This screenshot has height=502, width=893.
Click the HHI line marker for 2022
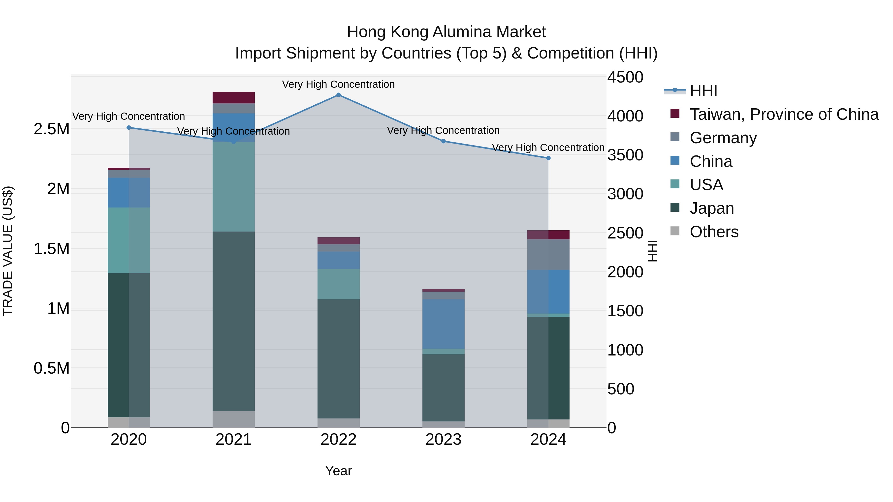[x=338, y=95]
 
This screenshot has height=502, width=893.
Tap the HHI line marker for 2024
[x=548, y=158]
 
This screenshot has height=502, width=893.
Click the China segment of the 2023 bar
[x=443, y=324]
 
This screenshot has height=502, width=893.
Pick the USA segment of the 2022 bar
[x=338, y=284]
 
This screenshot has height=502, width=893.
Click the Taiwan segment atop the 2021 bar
[x=233, y=98]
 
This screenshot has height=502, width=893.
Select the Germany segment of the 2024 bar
[x=548, y=254]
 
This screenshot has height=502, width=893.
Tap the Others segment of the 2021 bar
[x=233, y=419]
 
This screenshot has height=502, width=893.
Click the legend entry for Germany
[x=723, y=138]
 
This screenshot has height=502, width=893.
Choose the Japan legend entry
[x=711, y=208]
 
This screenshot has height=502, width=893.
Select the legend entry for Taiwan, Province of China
[x=783, y=114]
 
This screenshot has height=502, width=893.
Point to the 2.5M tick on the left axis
[x=51, y=129]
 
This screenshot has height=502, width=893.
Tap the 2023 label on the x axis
[x=443, y=440]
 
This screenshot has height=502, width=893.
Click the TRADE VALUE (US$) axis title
[x=8, y=251]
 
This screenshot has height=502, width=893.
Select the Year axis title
[x=338, y=471]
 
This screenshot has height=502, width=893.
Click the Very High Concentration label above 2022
[x=338, y=84]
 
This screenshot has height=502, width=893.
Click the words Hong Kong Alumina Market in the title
[x=446, y=32]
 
